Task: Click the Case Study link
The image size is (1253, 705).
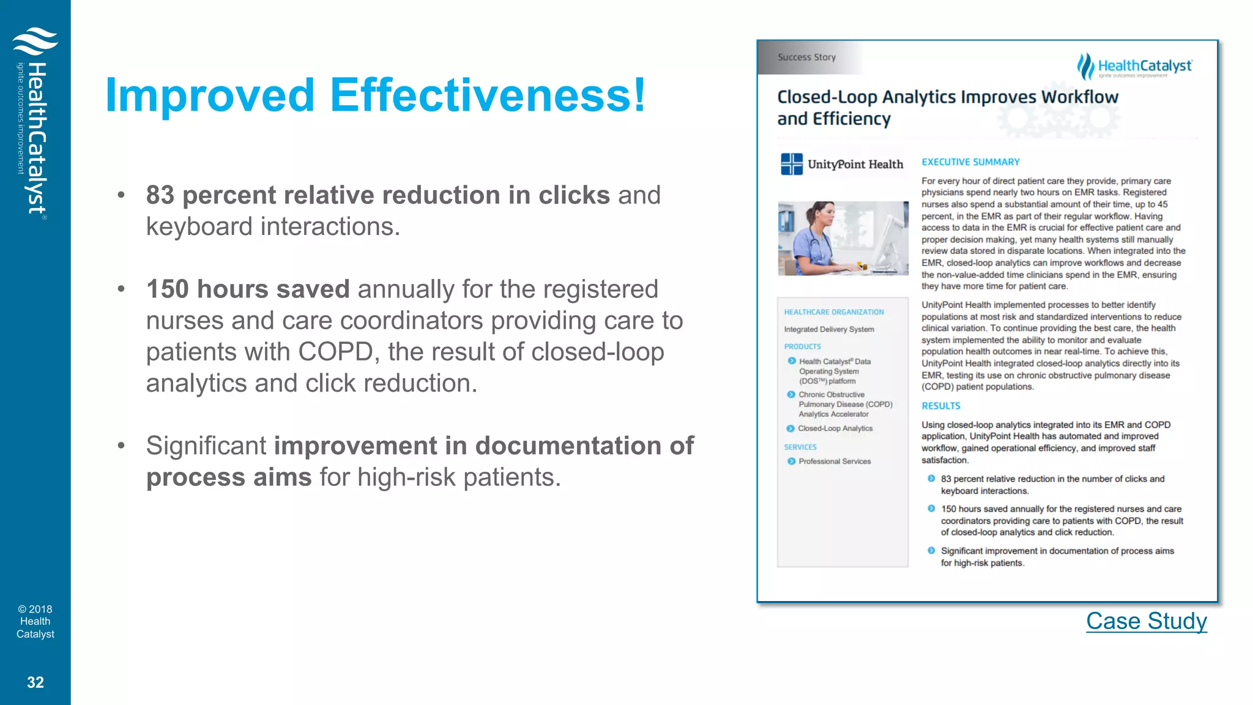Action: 1146,621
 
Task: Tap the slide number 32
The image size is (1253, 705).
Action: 35,682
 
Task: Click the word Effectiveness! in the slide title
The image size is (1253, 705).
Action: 488,95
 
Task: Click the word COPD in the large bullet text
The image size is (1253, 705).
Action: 335,352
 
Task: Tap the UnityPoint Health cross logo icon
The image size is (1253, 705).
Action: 792,164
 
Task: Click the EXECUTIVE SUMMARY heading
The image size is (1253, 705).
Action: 970,162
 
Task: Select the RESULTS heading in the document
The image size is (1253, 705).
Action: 940,406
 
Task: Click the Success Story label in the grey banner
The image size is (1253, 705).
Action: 806,57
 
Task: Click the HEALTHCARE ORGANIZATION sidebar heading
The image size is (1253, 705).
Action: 833,312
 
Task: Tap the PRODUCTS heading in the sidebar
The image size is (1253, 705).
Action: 802,346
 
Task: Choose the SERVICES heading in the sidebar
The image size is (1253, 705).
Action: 800,447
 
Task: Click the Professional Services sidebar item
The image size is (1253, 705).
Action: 835,461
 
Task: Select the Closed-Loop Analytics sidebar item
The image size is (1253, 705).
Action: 835,428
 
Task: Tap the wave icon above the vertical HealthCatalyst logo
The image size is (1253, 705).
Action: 35,42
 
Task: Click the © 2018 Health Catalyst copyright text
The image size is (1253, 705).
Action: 35,621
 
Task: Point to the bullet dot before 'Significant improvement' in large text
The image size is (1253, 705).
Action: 121,446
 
